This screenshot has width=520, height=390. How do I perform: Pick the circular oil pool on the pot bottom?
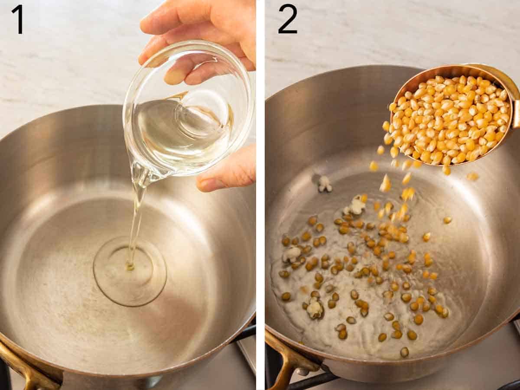tap(130, 271)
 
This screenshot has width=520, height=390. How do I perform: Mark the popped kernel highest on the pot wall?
tap(325, 184)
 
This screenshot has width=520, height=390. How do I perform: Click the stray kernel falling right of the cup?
tap(472, 176)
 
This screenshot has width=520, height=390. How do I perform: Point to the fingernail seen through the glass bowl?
tap(176, 76)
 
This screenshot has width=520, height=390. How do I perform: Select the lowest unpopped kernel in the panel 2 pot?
tap(404, 352)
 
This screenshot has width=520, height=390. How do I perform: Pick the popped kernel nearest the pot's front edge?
tap(315, 309)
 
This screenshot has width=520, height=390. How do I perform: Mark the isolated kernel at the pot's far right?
tap(447, 220)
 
